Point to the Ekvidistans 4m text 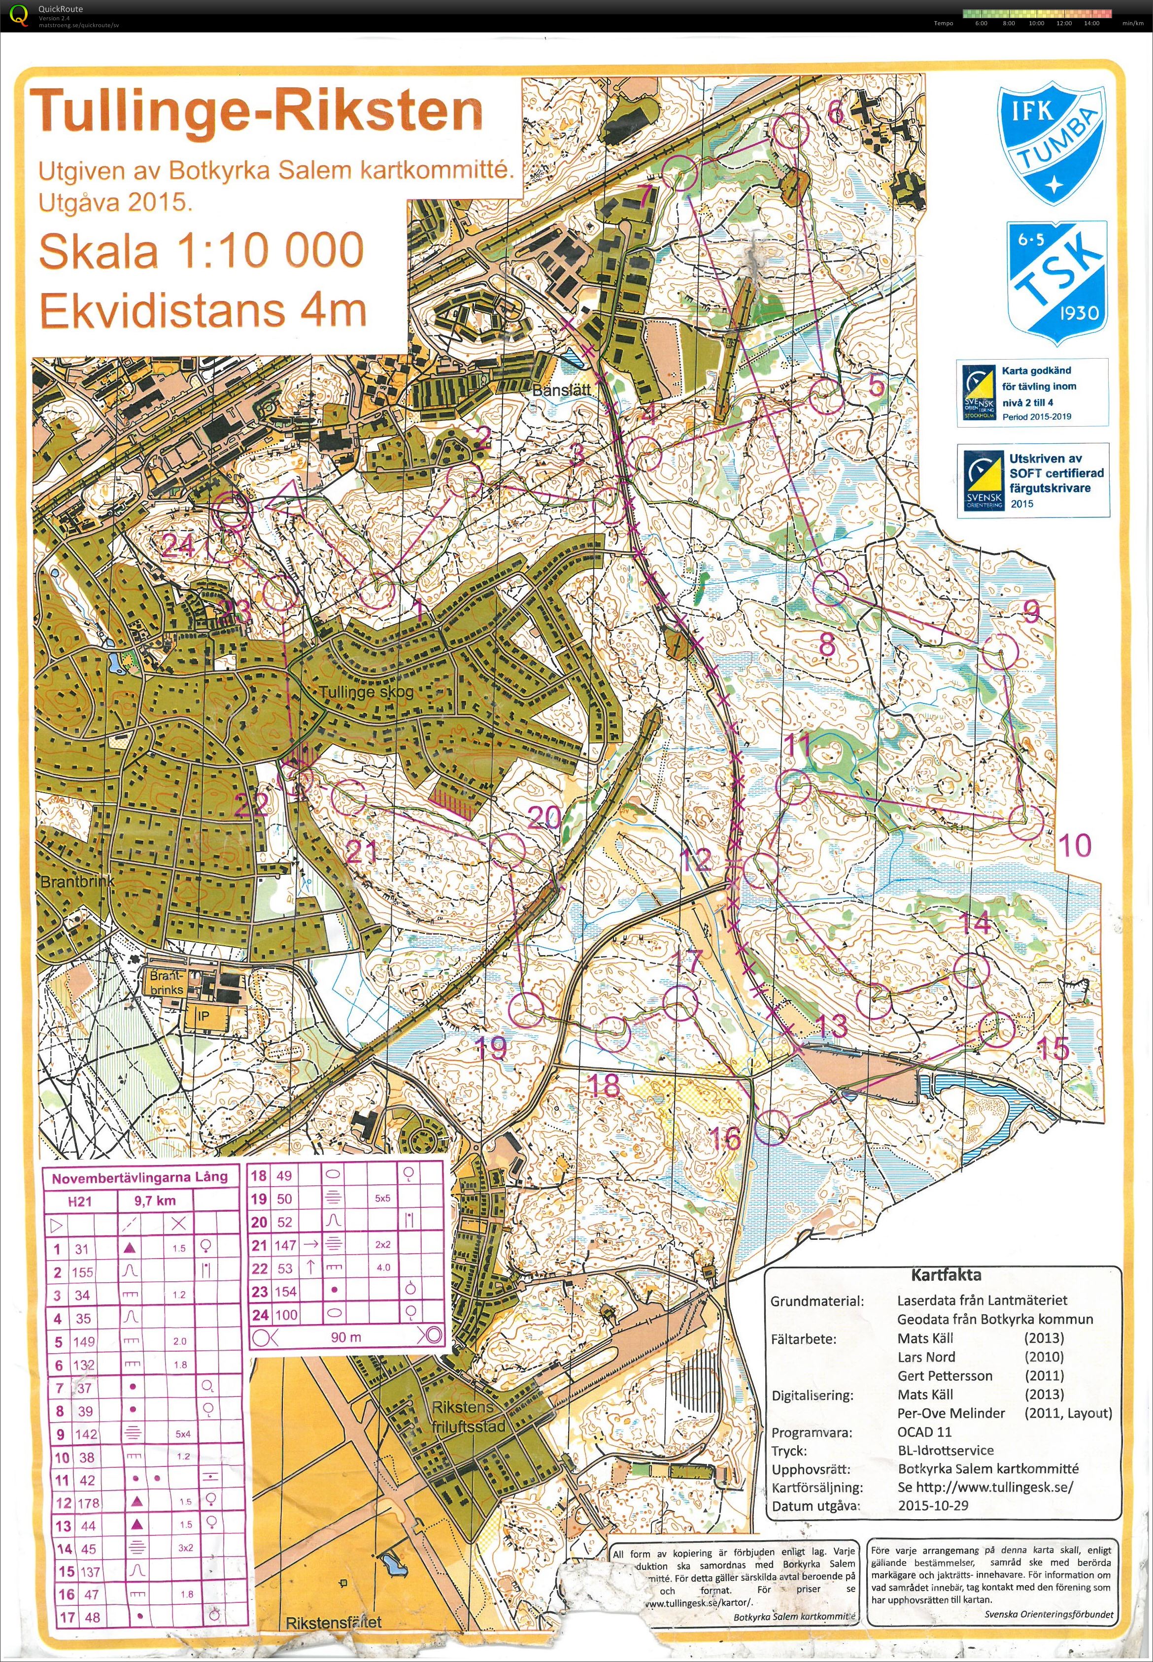203,311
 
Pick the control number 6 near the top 835,111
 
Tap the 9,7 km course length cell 155,1201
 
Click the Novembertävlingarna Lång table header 139,1177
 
